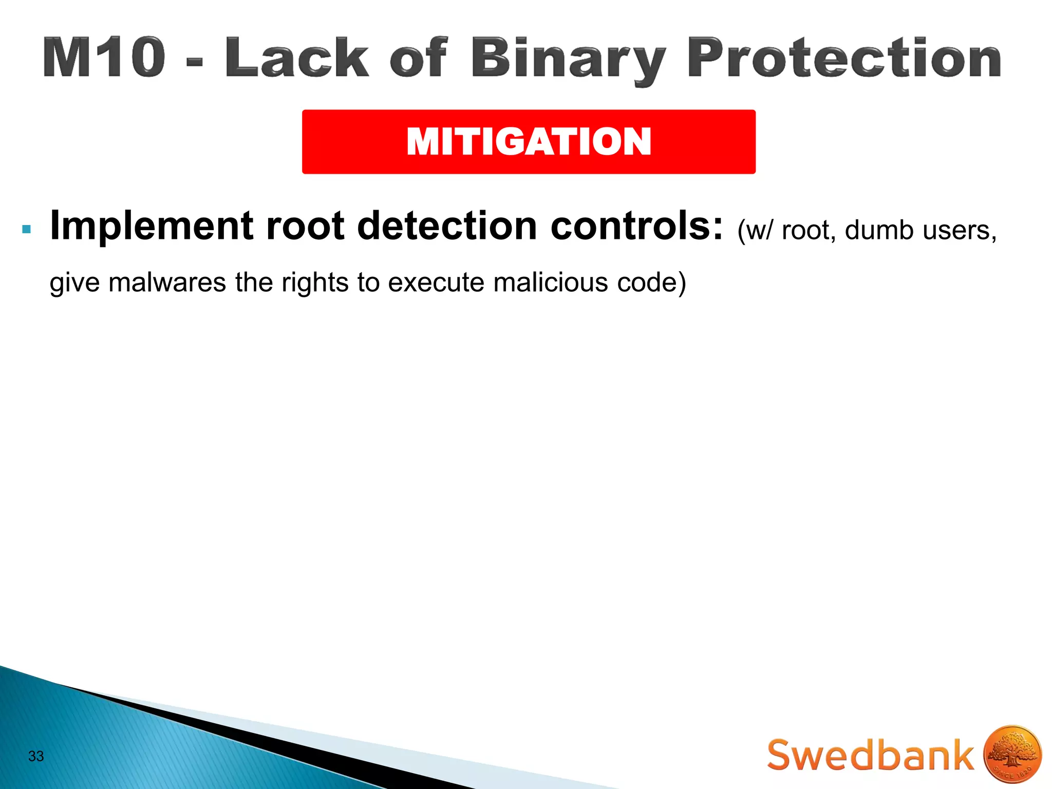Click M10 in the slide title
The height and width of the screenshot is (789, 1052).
pyautogui.click(x=104, y=58)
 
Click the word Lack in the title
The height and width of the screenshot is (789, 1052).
pyautogui.click(x=296, y=58)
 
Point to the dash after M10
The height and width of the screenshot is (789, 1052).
pyautogui.click(x=195, y=63)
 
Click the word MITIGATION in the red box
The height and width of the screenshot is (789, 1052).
pyautogui.click(x=529, y=142)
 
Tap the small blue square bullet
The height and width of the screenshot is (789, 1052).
pyautogui.click(x=27, y=229)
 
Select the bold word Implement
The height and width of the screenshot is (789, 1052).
pyautogui.click(x=152, y=227)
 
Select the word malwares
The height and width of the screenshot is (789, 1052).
pyautogui.click(x=167, y=283)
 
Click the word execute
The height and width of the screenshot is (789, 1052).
pyautogui.click(x=436, y=283)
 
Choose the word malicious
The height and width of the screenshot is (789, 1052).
pyautogui.click(x=550, y=283)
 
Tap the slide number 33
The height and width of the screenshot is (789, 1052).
pyautogui.click(x=36, y=756)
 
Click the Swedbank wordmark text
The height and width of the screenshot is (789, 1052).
pyautogui.click(x=870, y=755)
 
